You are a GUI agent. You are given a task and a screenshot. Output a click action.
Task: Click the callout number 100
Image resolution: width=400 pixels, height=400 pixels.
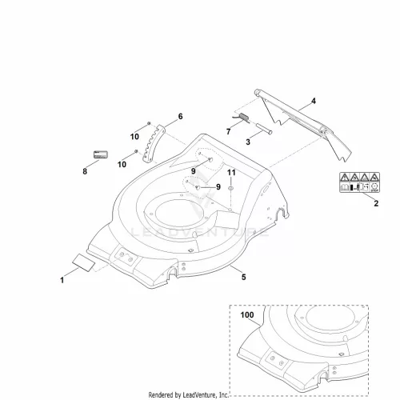pyautogui.click(x=247, y=315)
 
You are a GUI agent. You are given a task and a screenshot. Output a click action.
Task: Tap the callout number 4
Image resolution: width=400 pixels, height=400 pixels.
pyautogui.click(x=314, y=101)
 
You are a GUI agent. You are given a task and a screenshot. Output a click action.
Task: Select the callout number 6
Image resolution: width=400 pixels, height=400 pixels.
pyautogui.click(x=181, y=117)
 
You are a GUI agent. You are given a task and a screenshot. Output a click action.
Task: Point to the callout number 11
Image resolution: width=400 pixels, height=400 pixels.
pyautogui.click(x=231, y=173)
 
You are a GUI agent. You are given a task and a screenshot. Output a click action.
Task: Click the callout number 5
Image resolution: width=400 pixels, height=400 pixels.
pyautogui.click(x=244, y=277)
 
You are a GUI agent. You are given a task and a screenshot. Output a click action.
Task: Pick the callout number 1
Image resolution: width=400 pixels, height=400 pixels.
pyautogui.click(x=62, y=280)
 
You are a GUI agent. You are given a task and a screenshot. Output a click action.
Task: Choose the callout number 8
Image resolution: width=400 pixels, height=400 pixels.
pyautogui.click(x=85, y=171)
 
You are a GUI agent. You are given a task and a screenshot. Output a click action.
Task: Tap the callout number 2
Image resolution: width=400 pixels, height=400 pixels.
pyautogui.click(x=376, y=203)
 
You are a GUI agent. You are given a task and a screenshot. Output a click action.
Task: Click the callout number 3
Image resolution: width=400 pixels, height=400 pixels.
pyautogui.click(x=248, y=142)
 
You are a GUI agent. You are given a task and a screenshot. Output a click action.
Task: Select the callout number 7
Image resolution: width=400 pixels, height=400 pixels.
pyautogui.click(x=228, y=131)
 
